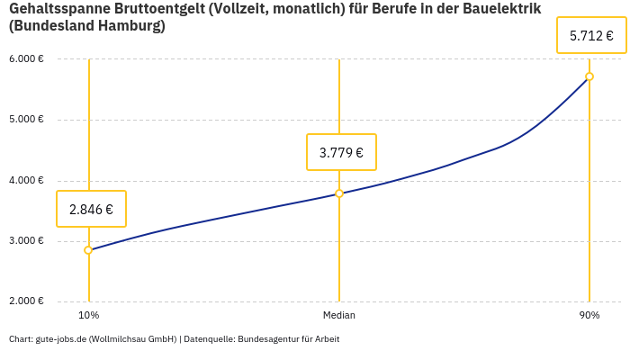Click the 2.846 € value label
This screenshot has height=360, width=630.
91,209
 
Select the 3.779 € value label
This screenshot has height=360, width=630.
341,152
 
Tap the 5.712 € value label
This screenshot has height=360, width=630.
591,36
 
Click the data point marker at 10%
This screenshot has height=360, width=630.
88,250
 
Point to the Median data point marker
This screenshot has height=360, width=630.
339,193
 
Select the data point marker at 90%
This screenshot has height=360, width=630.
589,76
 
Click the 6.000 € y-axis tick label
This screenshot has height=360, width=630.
26,59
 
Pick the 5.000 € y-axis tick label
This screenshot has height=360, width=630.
26,120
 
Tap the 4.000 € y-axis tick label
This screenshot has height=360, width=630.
26,181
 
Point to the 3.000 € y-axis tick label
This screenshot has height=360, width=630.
26,241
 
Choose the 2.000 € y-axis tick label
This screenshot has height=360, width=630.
26,301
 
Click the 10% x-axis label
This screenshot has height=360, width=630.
88,316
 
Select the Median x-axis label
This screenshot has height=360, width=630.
339,316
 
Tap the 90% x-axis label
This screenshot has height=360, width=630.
589,316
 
